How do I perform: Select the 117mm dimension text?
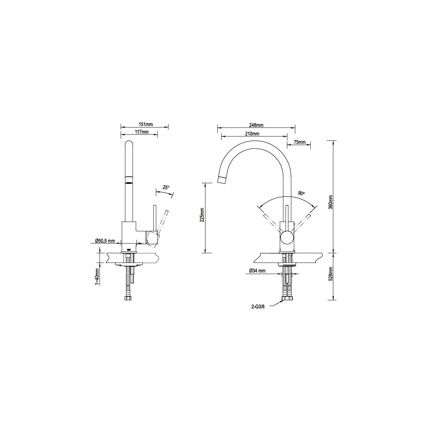[142, 132]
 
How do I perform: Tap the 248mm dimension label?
[256, 125]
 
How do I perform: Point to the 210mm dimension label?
[252, 134]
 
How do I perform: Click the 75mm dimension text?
[299, 142]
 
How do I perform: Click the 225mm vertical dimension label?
[203, 214]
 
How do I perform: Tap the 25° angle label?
[166, 181]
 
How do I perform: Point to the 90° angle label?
[301, 193]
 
